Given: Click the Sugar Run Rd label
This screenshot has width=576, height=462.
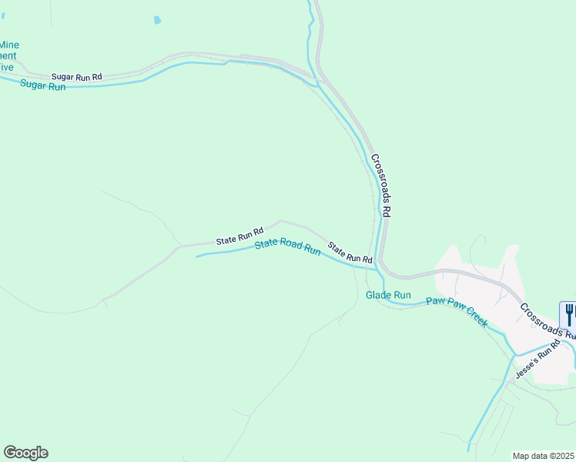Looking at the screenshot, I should tap(77, 77).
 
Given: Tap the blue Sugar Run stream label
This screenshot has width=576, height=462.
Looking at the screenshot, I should tap(43, 85).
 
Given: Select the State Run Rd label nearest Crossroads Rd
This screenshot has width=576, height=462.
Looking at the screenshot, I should tap(350, 253).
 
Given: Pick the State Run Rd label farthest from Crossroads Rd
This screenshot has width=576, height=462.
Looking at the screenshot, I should tap(239, 236).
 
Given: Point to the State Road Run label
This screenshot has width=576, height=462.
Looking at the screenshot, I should tap(287, 247).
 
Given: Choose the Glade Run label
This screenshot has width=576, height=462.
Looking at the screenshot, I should tap(388, 295).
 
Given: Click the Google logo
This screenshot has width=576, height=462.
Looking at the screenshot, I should tap(25, 453).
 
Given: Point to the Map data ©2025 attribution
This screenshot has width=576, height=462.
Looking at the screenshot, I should tap(543, 456).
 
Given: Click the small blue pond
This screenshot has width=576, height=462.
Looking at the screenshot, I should tap(158, 20).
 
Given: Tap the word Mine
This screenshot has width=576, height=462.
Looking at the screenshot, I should tap(10, 45).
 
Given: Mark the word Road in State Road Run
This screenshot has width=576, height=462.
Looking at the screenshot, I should tap(290, 246).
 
